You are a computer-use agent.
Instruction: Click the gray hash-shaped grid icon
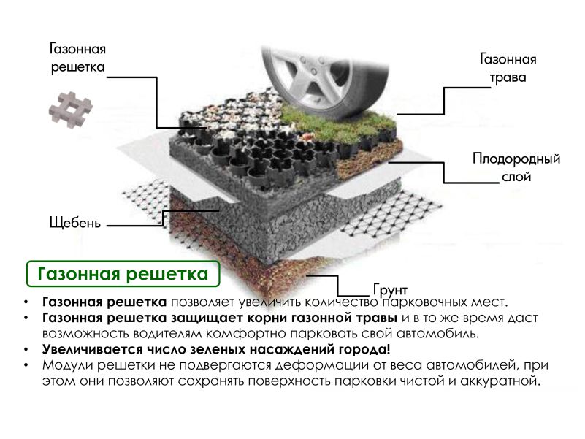pyautogui.click(x=71, y=110)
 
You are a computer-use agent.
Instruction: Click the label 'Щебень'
pyautogui.click(x=75, y=223)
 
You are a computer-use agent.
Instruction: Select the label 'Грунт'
pyautogui.click(x=390, y=290)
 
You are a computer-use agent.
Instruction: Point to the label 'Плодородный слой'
pyautogui.click(x=516, y=167)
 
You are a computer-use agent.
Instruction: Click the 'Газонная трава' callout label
pyautogui.click(x=508, y=69)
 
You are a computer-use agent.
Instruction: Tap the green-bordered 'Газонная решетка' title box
pyautogui.click(x=123, y=274)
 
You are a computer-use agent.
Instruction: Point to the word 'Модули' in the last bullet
pyautogui.click(x=67, y=365)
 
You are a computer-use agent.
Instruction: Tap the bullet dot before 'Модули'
pyautogui.click(x=26, y=365)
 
